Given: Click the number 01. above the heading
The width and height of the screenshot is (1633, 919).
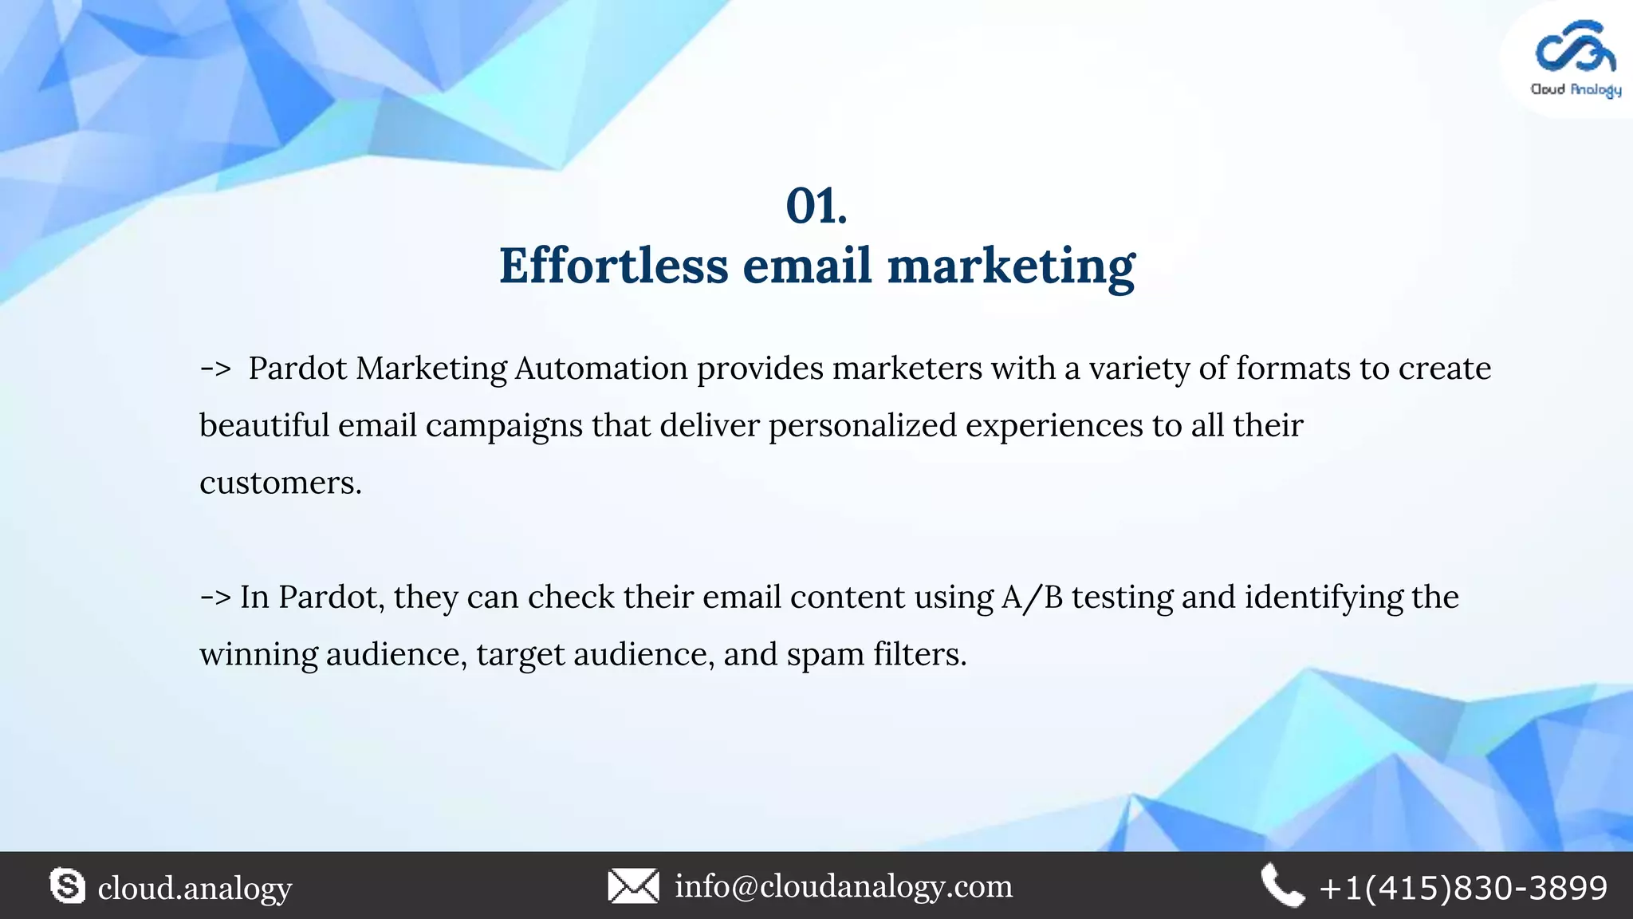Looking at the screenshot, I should [x=816, y=206].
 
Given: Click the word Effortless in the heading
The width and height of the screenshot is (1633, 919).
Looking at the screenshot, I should [x=613, y=266].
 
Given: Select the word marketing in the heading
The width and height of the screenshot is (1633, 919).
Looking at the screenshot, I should [x=1011, y=267].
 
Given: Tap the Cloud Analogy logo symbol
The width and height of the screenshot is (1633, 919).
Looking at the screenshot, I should [x=1575, y=49].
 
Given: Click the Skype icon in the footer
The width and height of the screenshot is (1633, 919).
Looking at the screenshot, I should [x=68, y=886].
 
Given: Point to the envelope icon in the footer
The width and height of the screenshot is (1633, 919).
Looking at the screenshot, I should [x=633, y=886].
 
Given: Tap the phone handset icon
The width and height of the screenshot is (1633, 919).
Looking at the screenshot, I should [x=1282, y=886].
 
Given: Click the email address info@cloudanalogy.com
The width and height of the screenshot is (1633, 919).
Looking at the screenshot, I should [x=844, y=886].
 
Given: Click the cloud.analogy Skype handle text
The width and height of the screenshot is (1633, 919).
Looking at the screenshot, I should [x=195, y=888].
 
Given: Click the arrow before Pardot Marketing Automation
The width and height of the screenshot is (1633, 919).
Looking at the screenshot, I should [x=215, y=369].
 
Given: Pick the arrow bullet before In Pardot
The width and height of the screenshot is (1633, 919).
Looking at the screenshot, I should [x=215, y=597].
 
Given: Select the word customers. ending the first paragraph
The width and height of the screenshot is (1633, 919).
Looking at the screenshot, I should [x=280, y=483].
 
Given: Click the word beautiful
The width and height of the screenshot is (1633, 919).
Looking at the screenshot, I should [x=264, y=425].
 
